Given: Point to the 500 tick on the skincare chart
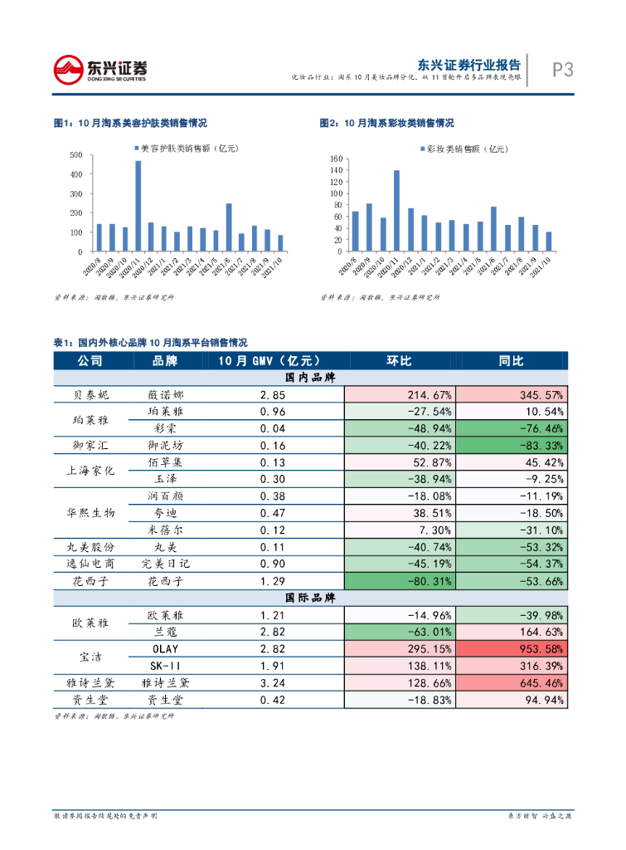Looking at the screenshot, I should pyautogui.click(x=75, y=155).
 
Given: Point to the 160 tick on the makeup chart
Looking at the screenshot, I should pyautogui.click(x=336, y=159).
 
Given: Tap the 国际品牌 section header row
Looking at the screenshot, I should pyautogui.click(x=311, y=598).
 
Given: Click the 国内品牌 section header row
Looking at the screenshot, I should pyautogui.click(x=311, y=378).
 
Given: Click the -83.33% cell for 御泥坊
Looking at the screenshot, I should pyautogui.click(x=512, y=445).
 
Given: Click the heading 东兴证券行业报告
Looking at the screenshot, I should pyautogui.click(x=468, y=65).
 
